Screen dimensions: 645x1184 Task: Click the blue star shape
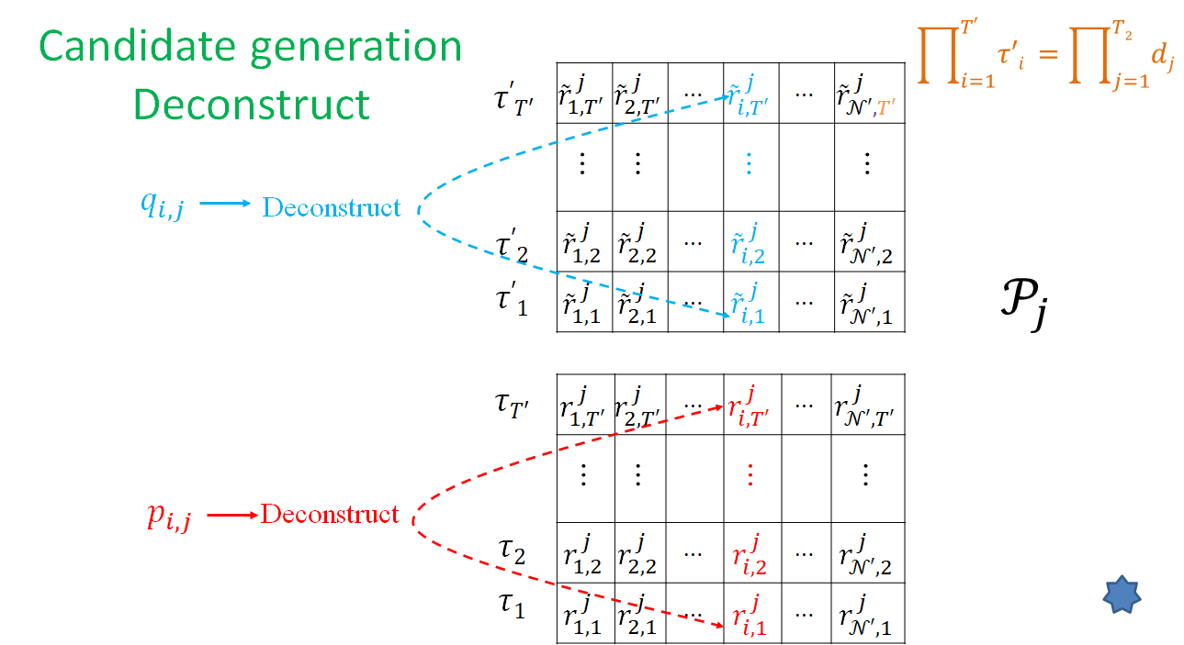(1121, 595)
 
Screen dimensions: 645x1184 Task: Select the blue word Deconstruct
(332, 207)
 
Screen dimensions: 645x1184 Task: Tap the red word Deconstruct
(330, 513)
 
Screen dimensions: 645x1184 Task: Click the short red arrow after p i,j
(231, 515)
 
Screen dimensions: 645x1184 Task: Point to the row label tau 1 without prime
(511, 605)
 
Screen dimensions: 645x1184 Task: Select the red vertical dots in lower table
(750, 474)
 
